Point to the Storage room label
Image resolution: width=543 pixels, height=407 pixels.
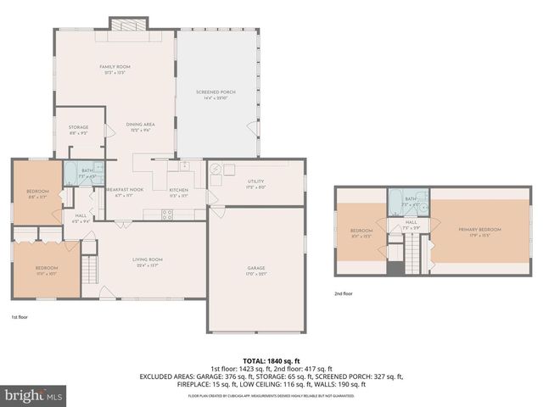coord(78,128)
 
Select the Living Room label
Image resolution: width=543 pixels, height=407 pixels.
coord(147,259)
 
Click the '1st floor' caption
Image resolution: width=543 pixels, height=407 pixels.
coord(20,316)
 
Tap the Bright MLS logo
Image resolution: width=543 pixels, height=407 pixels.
coord(33,394)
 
